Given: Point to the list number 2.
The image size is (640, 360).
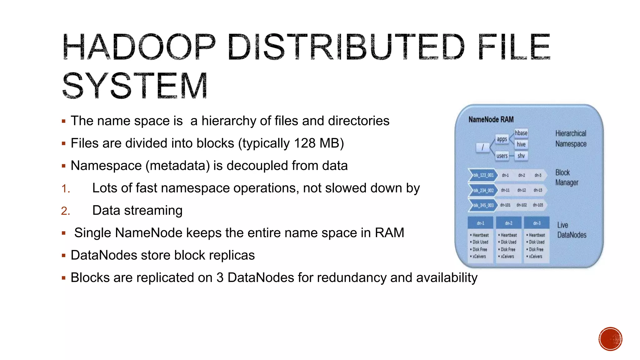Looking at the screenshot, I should pos(66,211).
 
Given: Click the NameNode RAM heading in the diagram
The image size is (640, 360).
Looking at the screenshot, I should pos(491,120).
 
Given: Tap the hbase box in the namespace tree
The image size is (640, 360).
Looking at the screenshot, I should pos(521,133).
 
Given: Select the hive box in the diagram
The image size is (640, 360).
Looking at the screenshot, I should pos(521,144).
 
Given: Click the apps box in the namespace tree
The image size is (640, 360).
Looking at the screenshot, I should pos(502,139).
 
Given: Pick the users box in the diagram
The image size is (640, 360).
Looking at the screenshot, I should pos(502,156).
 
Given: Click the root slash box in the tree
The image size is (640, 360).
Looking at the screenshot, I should pos(482,147).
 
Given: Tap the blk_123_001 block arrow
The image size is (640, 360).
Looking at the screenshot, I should pos(483,175).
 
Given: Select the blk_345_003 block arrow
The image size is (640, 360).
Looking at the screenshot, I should pos(483,205).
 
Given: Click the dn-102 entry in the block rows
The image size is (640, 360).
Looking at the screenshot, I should pos(522,205).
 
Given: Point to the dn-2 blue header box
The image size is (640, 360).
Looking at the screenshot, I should pos(509,223).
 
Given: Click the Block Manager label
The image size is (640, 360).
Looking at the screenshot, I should pos(567,177).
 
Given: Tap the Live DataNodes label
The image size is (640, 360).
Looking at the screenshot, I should pos(572,230).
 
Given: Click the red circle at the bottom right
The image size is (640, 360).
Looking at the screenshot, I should pos(610,339).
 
